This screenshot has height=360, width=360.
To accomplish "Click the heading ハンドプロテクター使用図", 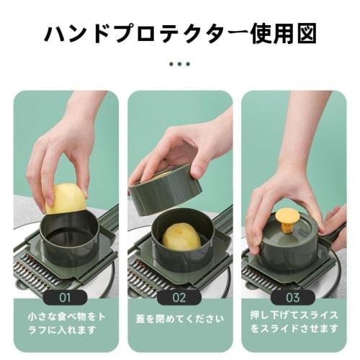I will click(180, 35).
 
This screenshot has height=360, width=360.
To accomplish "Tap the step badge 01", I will click(65, 296).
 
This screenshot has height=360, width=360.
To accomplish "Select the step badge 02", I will click(179, 296).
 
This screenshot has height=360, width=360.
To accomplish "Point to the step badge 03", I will click(294, 296).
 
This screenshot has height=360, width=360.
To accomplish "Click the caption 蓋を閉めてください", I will click(179, 318).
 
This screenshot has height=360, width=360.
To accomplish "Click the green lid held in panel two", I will click(164, 189).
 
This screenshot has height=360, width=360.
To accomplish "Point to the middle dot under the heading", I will click(180, 63).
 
